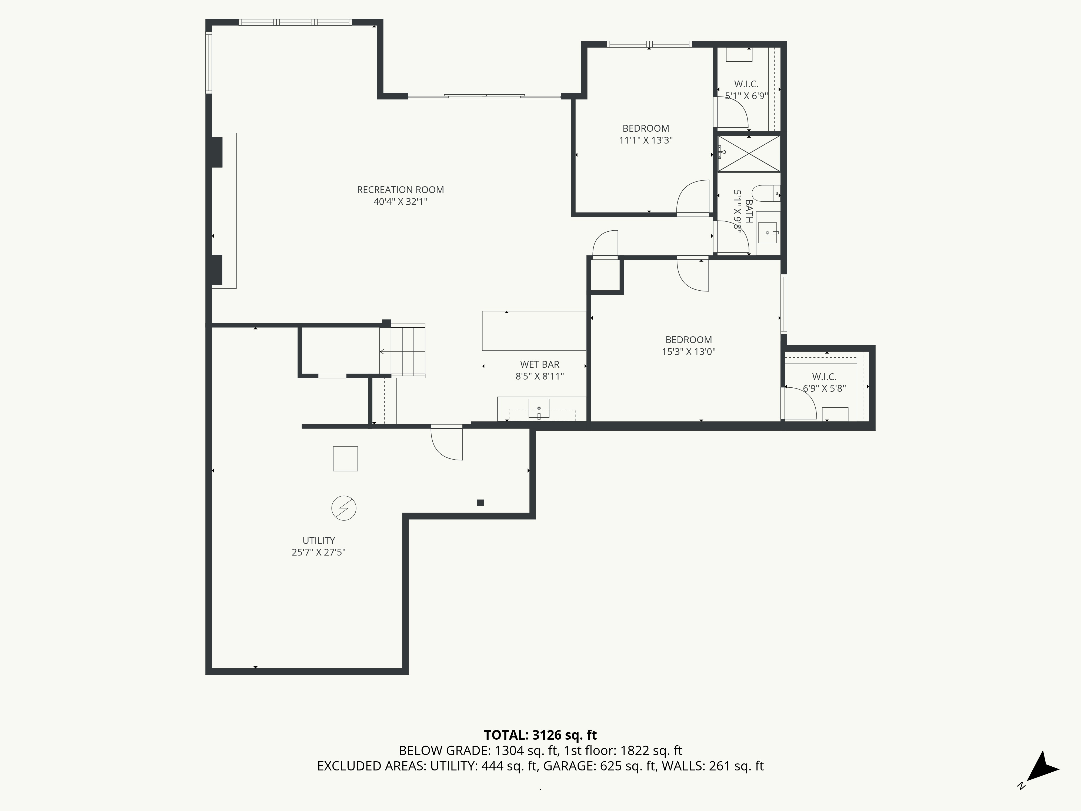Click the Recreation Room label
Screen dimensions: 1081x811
400,190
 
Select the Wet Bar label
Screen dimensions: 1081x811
539,364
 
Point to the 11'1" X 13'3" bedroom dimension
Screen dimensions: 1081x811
646,140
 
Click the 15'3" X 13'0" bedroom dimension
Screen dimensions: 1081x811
689,351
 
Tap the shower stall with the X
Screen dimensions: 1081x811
748,154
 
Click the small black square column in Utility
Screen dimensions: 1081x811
481,503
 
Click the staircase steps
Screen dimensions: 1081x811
402,351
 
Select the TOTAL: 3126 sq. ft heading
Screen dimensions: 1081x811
540,735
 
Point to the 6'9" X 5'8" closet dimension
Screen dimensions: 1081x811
825,389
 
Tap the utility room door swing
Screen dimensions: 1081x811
447,443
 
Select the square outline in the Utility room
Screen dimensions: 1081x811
345,459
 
